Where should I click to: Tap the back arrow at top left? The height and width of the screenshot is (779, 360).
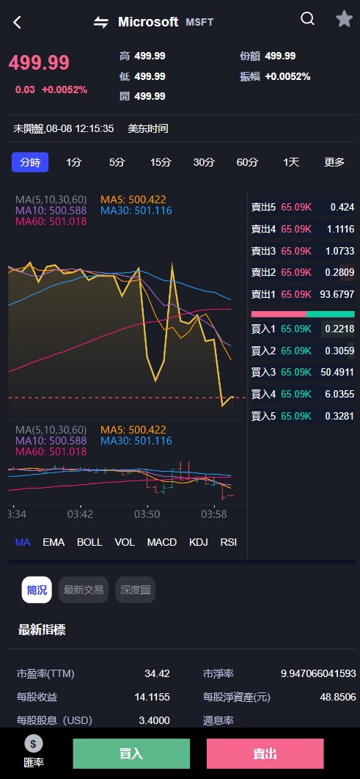(18, 22)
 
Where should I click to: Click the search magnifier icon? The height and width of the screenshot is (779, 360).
(308, 19)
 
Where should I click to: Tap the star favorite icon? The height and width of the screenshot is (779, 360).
(344, 19)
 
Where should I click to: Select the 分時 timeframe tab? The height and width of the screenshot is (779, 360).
(30, 162)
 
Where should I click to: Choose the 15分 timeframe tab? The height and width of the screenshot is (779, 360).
(161, 162)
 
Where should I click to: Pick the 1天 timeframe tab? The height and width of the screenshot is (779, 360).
(291, 162)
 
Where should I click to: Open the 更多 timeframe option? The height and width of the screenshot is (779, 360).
(334, 162)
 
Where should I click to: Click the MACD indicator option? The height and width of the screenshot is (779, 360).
(162, 542)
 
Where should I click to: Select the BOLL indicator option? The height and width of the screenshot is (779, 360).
(89, 542)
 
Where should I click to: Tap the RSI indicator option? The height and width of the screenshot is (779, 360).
(229, 542)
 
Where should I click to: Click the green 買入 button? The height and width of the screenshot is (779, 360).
(131, 753)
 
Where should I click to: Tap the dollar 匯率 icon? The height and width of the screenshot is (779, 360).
(34, 744)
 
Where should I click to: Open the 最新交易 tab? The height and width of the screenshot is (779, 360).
(84, 590)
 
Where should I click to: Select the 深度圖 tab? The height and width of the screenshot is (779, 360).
(135, 590)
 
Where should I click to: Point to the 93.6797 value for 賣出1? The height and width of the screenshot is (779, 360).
(337, 294)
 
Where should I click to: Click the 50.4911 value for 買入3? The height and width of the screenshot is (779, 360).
(338, 373)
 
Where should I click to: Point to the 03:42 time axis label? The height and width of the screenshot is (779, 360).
(81, 514)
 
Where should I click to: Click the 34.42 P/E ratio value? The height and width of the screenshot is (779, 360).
(157, 673)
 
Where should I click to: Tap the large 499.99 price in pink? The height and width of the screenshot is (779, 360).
(39, 63)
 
